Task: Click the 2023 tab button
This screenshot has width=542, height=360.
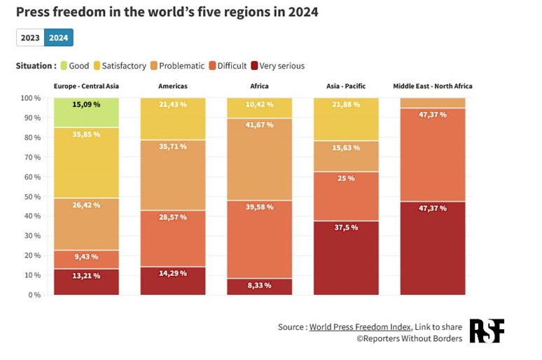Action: (x=30, y=38)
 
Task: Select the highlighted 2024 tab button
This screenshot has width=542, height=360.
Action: (x=58, y=38)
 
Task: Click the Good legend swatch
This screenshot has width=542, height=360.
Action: (x=63, y=66)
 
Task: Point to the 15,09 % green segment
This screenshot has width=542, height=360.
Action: (x=86, y=113)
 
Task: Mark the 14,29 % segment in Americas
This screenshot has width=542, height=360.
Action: (x=173, y=281)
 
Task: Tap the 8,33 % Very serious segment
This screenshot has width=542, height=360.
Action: (x=259, y=286)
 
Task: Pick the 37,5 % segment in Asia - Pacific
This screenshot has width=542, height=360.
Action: (x=346, y=258)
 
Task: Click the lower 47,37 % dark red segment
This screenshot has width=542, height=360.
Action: (x=432, y=248)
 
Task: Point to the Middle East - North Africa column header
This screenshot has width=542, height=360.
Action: (x=432, y=86)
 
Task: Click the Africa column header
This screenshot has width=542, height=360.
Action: (x=259, y=86)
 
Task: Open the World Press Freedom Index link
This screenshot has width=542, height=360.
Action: (x=360, y=326)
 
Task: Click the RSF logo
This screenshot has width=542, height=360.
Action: (x=487, y=331)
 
